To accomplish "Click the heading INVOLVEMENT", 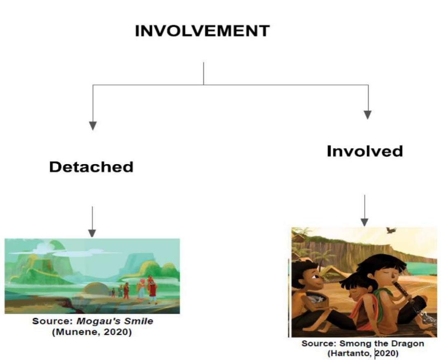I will point(202,31).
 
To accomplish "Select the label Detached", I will point(91,167).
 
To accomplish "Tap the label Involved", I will point(364,151).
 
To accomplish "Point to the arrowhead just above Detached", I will point(93,125).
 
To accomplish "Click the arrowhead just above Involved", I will point(368,114).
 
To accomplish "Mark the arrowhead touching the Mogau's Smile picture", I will point(92,233).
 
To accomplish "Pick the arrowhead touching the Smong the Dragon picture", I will point(364,222).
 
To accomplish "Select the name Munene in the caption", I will point(78,332).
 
